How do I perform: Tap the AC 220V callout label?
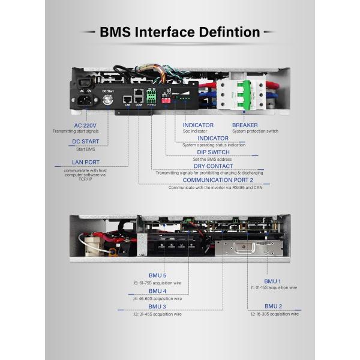tap(86, 125)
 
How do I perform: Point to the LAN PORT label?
tap(85, 162)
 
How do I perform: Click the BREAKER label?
tap(245, 125)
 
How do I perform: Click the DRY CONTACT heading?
tap(213, 166)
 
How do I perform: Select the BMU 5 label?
tap(156, 275)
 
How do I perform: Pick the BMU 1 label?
tap(272, 281)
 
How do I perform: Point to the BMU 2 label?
tap(273, 306)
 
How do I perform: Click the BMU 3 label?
tap(156, 307)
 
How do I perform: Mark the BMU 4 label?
tap(156, 291)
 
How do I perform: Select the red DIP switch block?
tap(166, 101)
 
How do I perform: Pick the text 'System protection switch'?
tap(255, 131)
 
